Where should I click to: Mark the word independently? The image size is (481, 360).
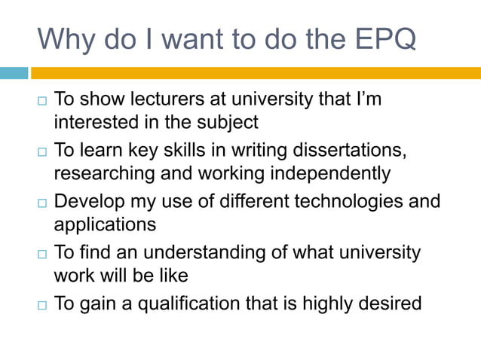tap(329, 173)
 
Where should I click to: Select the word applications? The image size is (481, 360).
tap(105, 224)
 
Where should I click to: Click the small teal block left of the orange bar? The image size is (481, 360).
tap(14, 73)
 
